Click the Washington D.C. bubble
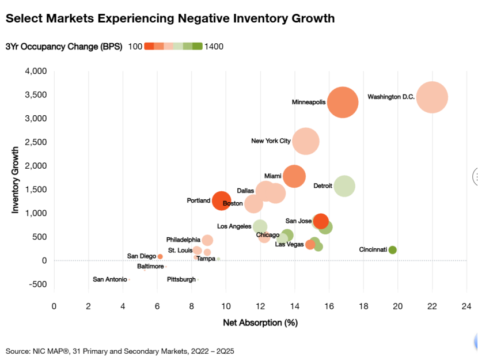coord(432,97)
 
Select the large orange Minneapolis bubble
coord(343,103)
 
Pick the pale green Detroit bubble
coord(344,186)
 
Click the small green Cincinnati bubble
coord(392,250)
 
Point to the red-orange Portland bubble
coord(222,201)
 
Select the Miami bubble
coord(294,176)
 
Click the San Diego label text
coord(142,256)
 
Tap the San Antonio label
coord(110,279)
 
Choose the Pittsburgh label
coord(181,279)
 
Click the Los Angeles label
coord(234,226)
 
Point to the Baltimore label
coord(150,267)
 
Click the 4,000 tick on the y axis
coord(36,71)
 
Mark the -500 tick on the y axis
coord(37,284)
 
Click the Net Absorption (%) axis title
coord(260,323)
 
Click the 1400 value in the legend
coord(214,47)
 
